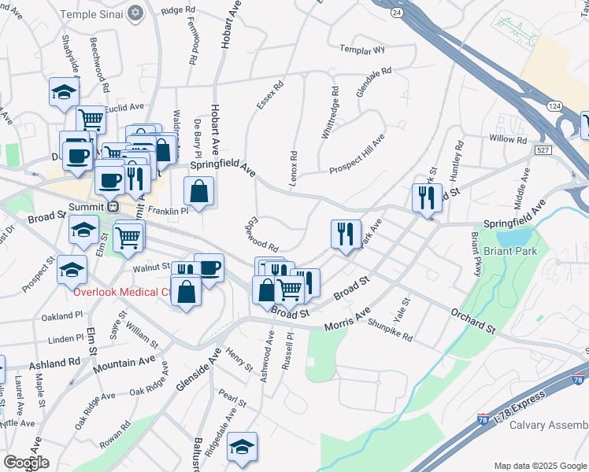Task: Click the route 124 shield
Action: pyautogui.click(x=554, y=105)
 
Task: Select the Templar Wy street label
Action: pyautogui.click(x=363, y=49)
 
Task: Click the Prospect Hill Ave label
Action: pyautogui.click(x=356, y=154)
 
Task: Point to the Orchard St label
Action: pyautogui.click(x=472, y=320)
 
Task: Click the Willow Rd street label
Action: pyautogui.click(x=506, y=139)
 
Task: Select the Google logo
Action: pyautogui.click(x=26, y=462)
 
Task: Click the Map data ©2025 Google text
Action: pyautogui.click(x=540, y=466)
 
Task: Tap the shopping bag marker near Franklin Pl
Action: pyautogui.click(x=199, y=192)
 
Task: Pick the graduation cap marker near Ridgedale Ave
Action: pyautogui.click(x=242, y=448)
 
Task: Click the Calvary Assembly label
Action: pyautogui.click(x=548, y=426)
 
